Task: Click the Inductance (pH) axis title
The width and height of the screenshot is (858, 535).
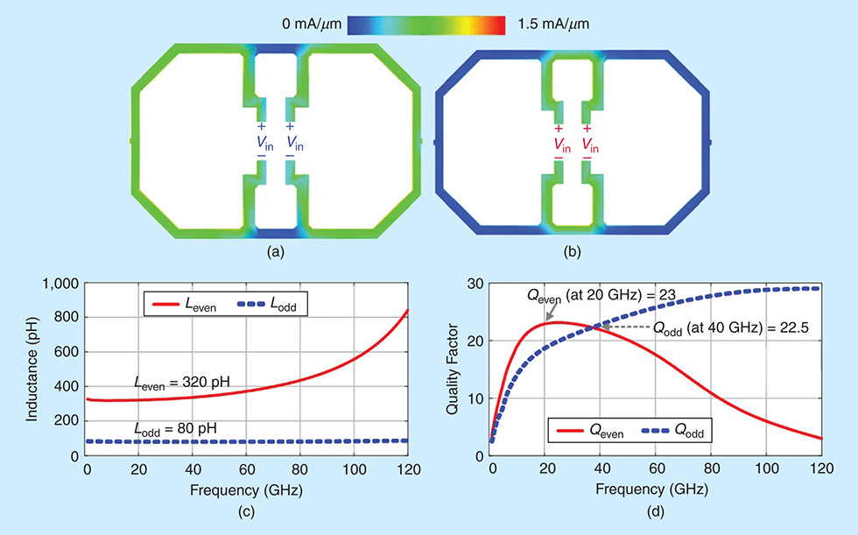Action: (32, 368)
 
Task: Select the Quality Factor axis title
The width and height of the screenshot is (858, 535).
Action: (453, 368)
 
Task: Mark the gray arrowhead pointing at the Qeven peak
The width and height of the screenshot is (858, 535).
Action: (548, 318)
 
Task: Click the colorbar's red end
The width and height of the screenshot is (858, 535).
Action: (499, 25)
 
